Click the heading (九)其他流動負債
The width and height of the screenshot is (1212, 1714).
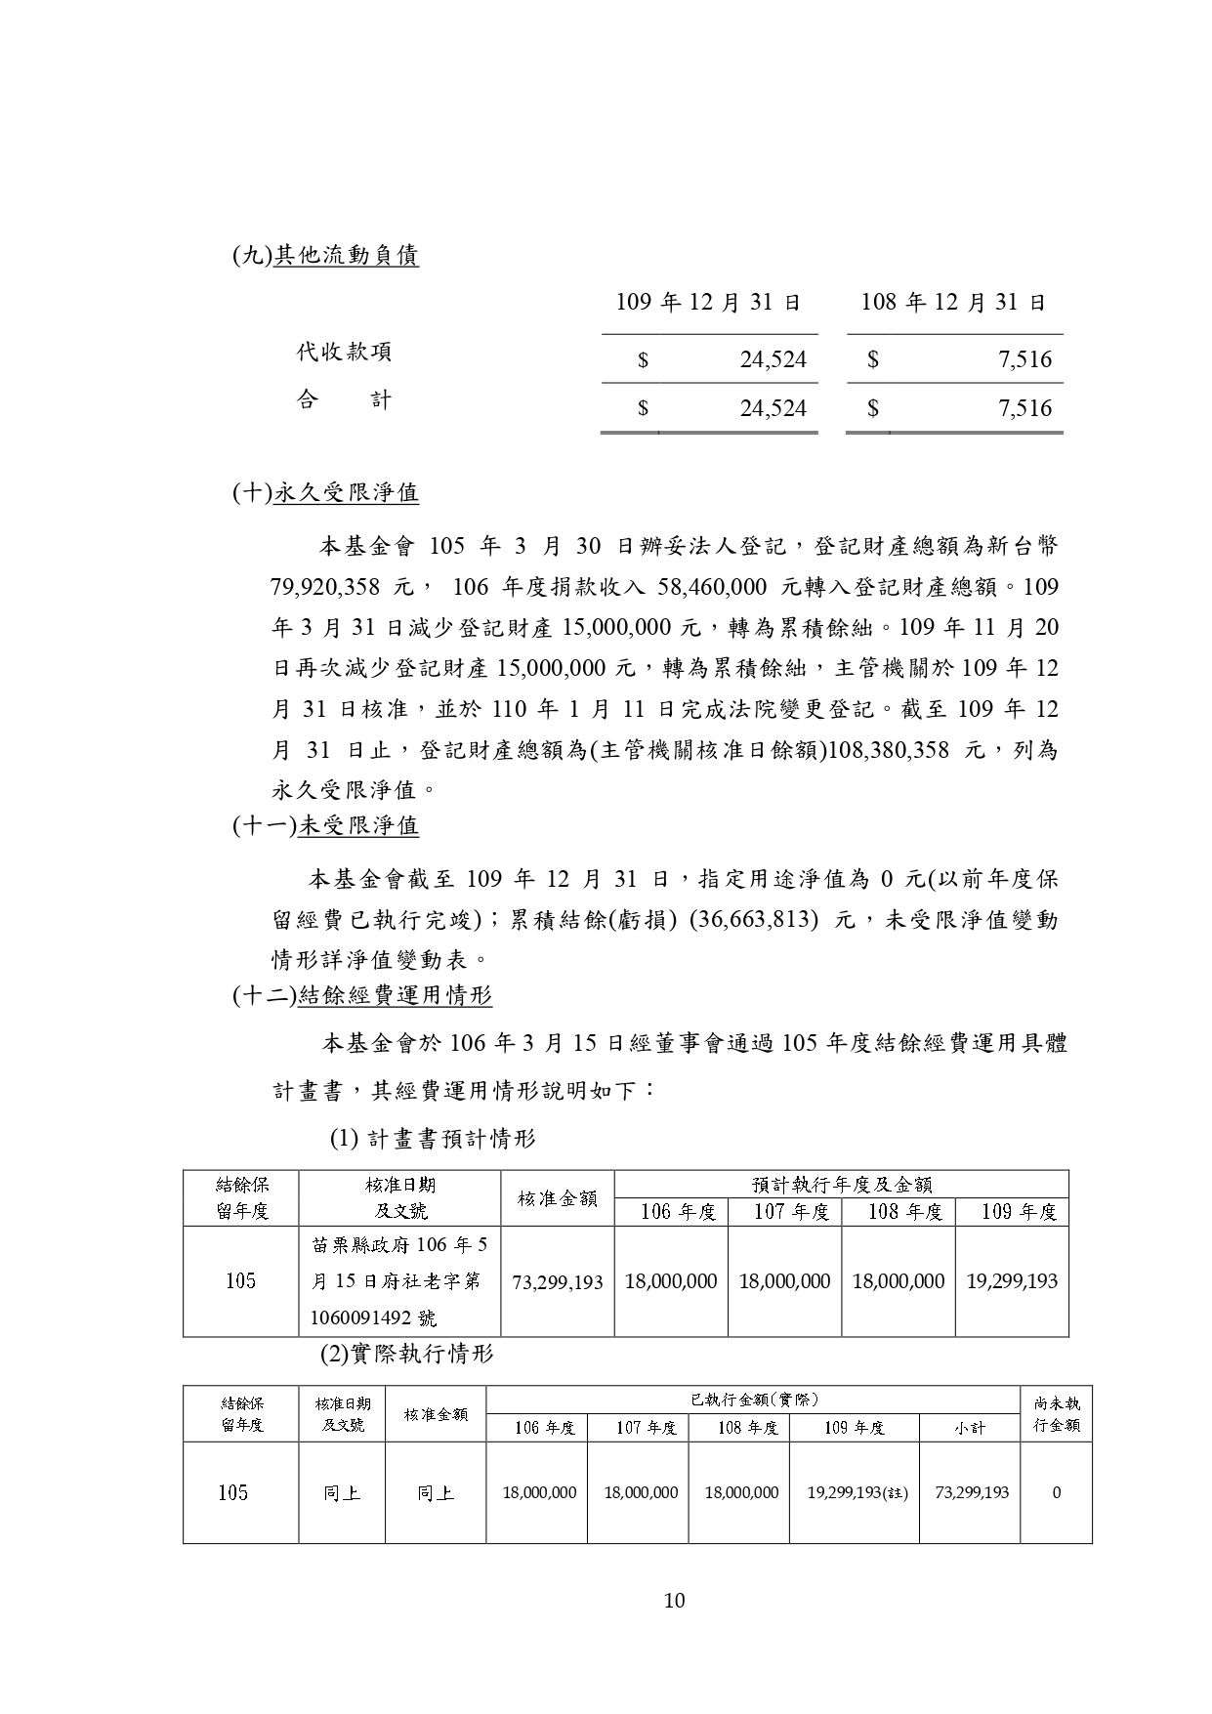(x=325, y=256)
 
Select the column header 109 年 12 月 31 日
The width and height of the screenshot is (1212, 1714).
(x=708, y=303)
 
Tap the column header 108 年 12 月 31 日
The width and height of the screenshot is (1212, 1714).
(x=953, y=303)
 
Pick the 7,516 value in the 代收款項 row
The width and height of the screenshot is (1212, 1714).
(x=1024, y=359)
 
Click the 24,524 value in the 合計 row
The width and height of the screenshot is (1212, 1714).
(x=773, y=408)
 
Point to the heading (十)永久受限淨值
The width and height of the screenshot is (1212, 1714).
(x=325, y=492)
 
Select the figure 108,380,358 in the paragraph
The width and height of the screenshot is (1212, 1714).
(x=891, y=750)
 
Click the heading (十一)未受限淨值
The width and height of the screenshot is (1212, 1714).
(x=325, y=825)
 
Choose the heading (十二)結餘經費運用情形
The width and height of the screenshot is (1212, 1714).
(x=362, y=995)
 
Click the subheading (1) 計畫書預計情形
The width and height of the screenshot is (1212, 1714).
(x=433, y=1139)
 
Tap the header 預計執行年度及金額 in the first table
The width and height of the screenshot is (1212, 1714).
(x=841, y=1185)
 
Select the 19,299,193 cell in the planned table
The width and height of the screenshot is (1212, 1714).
(x=1012, y=1281)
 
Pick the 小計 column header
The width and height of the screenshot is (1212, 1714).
(x=970, y=1428)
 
